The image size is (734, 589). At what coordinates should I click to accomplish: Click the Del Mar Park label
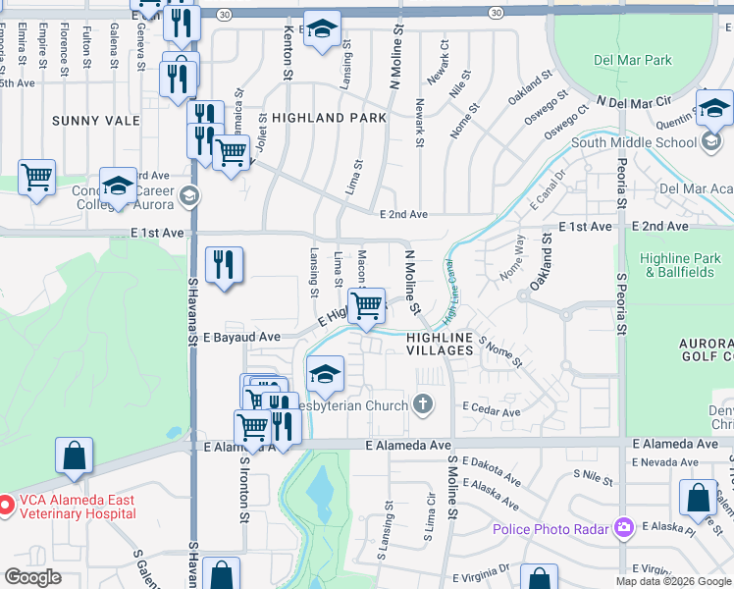tap(631, 60)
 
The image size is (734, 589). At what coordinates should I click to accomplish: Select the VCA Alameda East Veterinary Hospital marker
tap(5, 506)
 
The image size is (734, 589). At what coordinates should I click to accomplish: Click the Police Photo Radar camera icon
tap(622, 529)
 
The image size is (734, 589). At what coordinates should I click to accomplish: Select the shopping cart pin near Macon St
tap(366, 305)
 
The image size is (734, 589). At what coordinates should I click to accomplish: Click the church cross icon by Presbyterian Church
tap(423, 404)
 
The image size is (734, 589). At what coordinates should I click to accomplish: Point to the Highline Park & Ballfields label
tap(679, 265)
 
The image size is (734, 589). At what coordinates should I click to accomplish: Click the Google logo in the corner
tap(31, 577)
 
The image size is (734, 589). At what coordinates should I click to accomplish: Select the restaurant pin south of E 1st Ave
tap(224, 264)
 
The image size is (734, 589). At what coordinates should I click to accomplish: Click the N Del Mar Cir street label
tap(634, 101)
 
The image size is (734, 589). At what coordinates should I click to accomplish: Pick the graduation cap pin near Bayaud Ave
tap(326, 374)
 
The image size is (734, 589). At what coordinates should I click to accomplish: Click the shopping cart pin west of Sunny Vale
tap(37, 179)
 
